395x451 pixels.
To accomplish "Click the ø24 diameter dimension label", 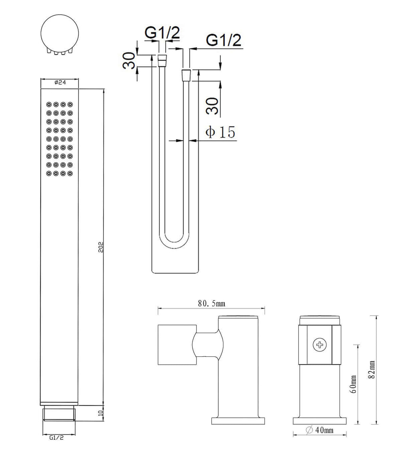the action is pyautogui.click(x=60, y=82).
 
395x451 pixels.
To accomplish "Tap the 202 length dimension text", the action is pyautogui.click(x=101, y=247).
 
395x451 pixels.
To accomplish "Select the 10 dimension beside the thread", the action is pyautogui.click(x=101, y=413).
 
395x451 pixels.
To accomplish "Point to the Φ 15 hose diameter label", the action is pyautogui.click(x=220, y=132).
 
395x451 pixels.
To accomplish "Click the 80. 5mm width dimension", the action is pyautogui.click(x=211, y=303).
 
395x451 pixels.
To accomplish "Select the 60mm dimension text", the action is pyautogui.click(x=353, y=384).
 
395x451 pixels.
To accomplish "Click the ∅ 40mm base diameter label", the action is pyautogui.click(x=320, y=430).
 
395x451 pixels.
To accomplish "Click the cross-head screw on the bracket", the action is pyautogui.click(x=319, y=345).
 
